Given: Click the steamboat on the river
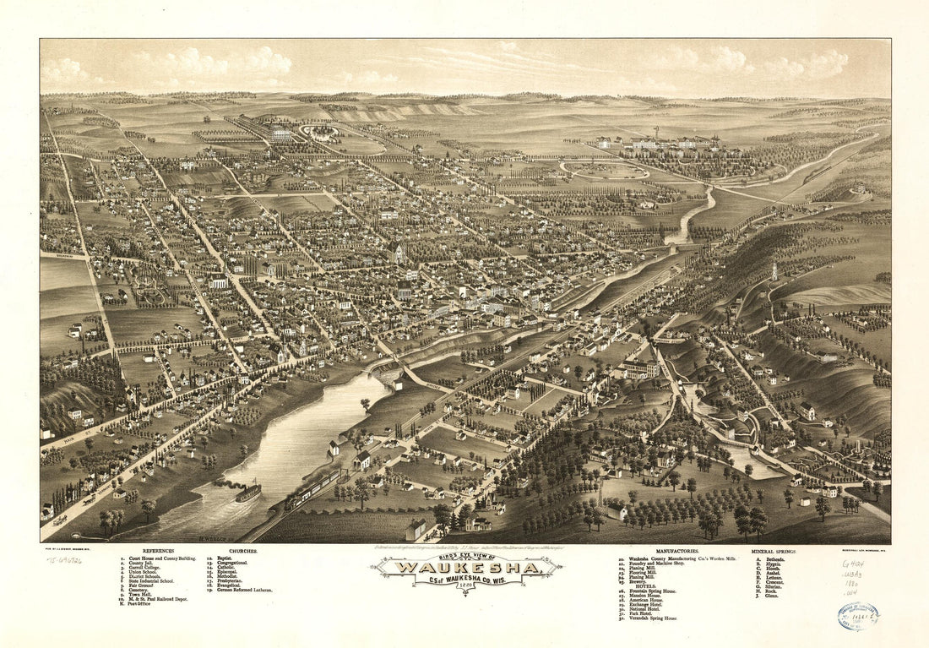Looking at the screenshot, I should [x=247, y=491].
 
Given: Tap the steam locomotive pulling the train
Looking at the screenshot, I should [x=296, y=499].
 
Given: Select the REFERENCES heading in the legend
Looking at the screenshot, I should [x=159, y=550].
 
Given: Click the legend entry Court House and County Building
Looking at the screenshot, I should [x=160, y=559].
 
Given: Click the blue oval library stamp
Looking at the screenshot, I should [x=858, y=617].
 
